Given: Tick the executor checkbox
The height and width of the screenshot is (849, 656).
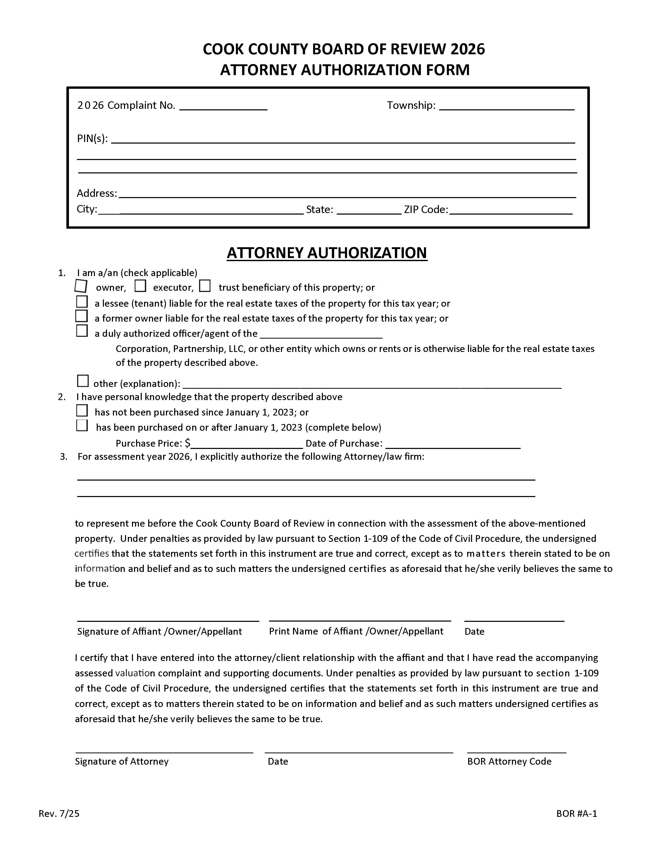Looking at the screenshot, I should click(x=140, y=286).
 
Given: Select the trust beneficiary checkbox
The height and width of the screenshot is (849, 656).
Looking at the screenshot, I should click(x=205, y=286).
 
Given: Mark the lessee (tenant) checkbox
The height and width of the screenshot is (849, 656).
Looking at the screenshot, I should click(x=82, y=302).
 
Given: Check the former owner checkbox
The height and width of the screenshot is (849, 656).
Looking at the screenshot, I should click(x=81, y=316).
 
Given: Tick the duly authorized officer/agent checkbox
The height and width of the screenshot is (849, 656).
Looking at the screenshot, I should click(x=82, y=331).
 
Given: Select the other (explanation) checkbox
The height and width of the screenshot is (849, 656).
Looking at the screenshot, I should click(x=83, y=381).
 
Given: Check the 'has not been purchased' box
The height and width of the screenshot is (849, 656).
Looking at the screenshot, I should click(x=82, y=411).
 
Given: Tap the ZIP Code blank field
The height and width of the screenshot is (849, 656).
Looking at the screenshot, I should click(x=510, y=210).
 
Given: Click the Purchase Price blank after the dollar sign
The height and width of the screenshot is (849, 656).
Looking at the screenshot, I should click(x=246, y=444).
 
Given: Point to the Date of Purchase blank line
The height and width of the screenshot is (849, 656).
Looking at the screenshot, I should click(x=453, y=444).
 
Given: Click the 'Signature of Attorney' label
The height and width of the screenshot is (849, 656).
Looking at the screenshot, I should click(x=122, y=761).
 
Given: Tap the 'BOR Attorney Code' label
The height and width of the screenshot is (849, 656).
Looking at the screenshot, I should click(x=509, y=761).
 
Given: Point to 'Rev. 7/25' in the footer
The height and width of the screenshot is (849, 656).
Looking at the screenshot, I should click(x=59, y=813).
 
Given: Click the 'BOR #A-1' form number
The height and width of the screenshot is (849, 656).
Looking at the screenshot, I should click(x=576, y=813).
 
